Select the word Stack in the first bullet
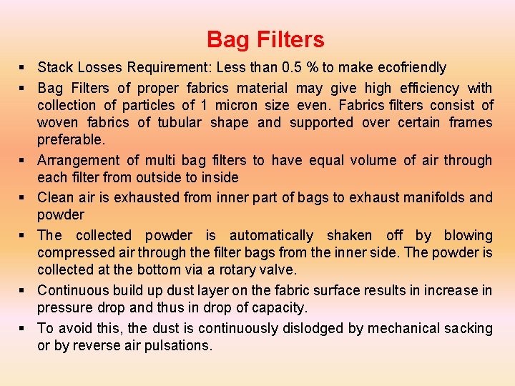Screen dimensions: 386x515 (55, 68)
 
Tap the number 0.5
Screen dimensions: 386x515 (292, 68)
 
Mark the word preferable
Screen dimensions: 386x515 (71, 139)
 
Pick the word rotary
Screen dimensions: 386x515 (245, 269)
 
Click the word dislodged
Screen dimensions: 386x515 (340, 328)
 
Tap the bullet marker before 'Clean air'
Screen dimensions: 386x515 (24, 197)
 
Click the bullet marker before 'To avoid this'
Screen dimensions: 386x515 (24, 328)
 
